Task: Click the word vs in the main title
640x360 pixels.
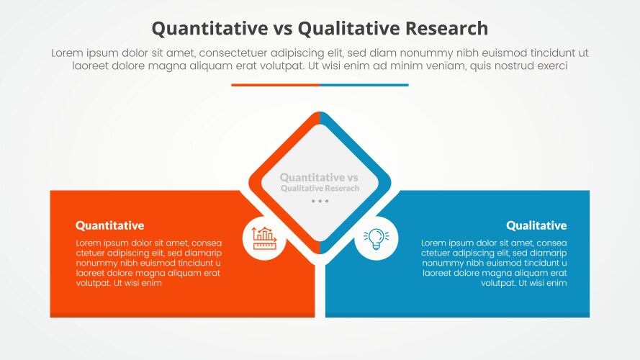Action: click(x=282, y=28)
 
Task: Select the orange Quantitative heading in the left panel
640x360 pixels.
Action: click(x=109, y=225)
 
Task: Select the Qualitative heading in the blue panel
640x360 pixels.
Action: click(x=536, y=225)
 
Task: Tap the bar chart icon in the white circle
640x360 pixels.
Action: click(x=265, y=238)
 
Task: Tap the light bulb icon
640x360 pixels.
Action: click(x=376, y=238)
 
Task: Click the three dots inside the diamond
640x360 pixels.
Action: click(x=320, y=202)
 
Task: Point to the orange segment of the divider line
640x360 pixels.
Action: click(x=275, y=85)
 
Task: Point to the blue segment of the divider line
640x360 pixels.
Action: click(x=364, y=85)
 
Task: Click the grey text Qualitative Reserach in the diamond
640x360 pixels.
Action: click(x=320, y=188)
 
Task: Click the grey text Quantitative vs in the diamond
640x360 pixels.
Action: click(x=319, y=177)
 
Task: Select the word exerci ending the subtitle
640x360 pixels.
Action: click(x=551, y=66)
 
